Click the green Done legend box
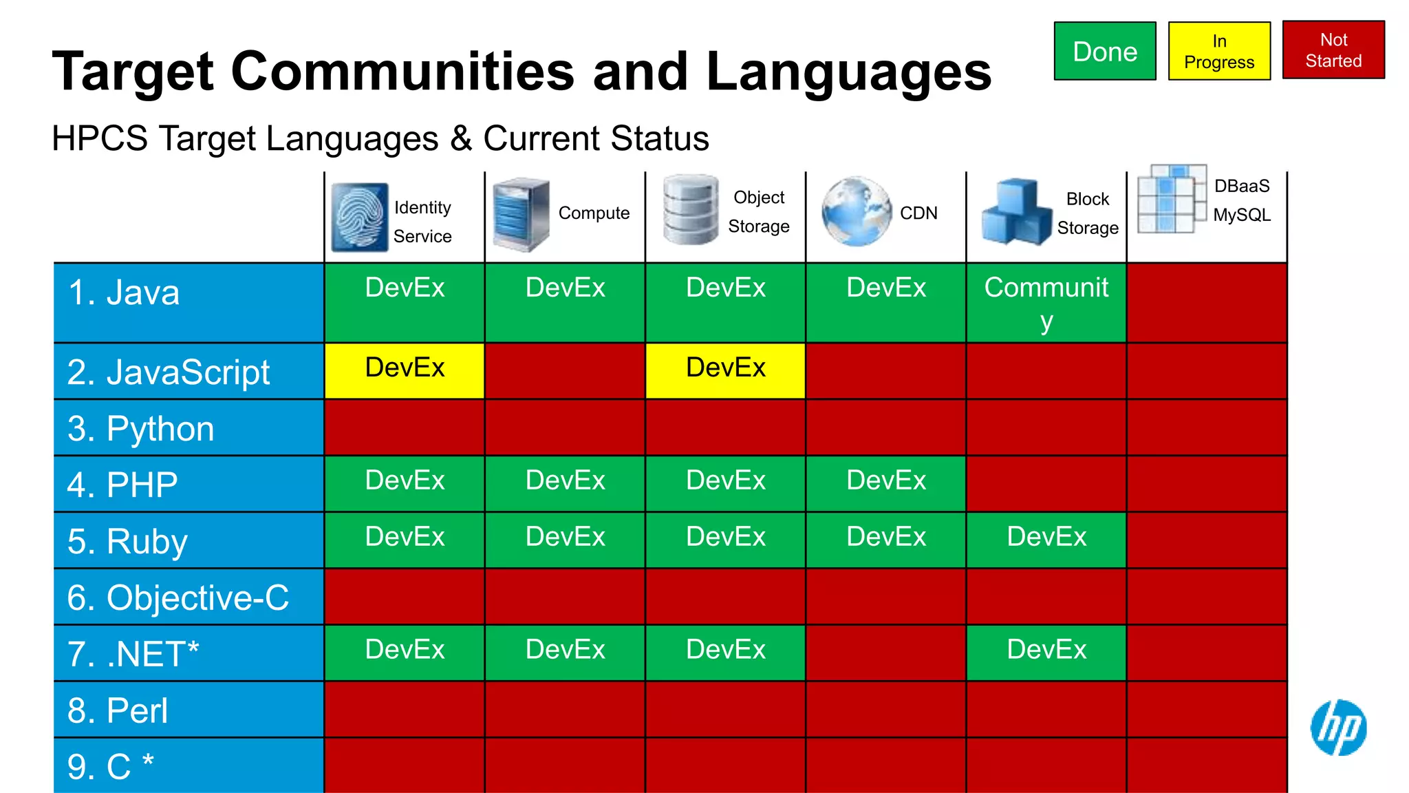pos(1105,51)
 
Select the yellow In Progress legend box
pos(1219,51)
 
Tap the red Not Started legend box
pos(1333,50)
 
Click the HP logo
pos(1338,727)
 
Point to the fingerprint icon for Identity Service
pos(359,217)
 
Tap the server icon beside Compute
pos(521,214)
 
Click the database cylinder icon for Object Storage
pos(690,210)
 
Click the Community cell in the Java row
pos(1046,303)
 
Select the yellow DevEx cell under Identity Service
pos(405,370)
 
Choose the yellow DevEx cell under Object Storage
pos(725,370)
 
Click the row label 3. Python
pos(141,428)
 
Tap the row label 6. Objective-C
pos(178,598)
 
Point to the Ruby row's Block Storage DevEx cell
pos(1046,540)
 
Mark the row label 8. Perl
pos(118,710)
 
